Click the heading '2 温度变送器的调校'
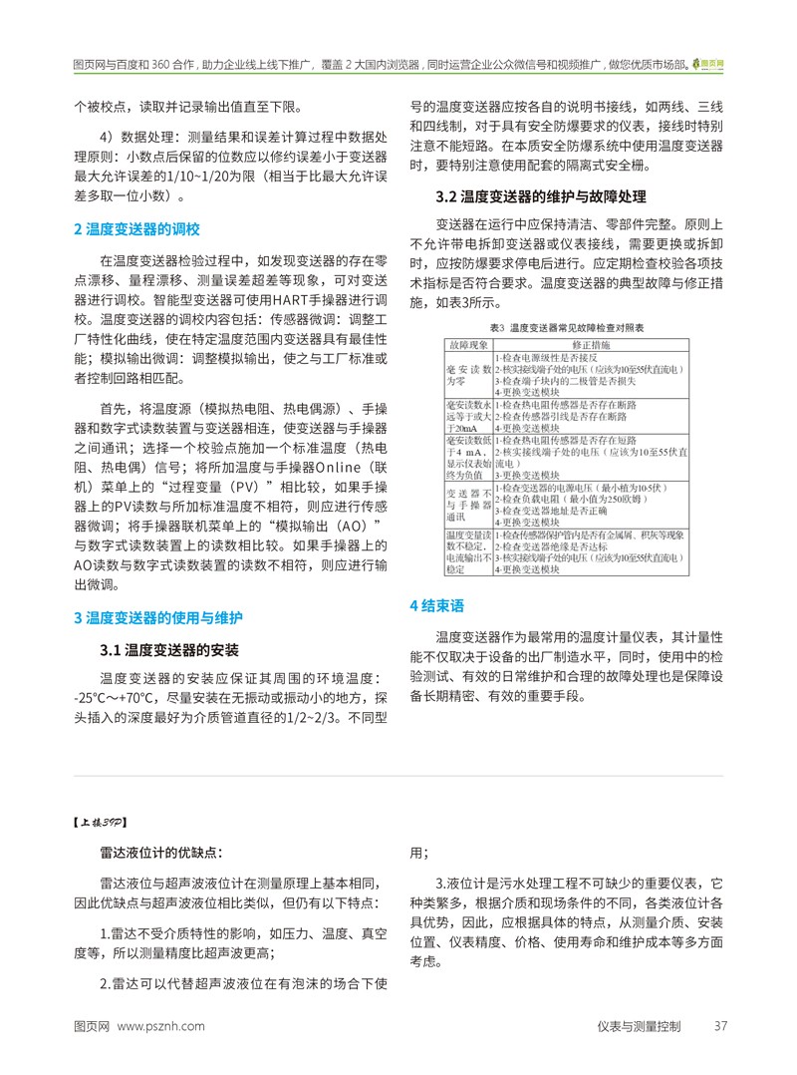[x=137, y=230]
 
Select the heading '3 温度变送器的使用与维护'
[x=158, y=618]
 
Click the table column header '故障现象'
[x=468, y=344]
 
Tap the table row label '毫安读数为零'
[x=468, y=374]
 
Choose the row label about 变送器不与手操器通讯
[x=468, y=505]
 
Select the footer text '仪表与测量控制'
[x=640, y=1026]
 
